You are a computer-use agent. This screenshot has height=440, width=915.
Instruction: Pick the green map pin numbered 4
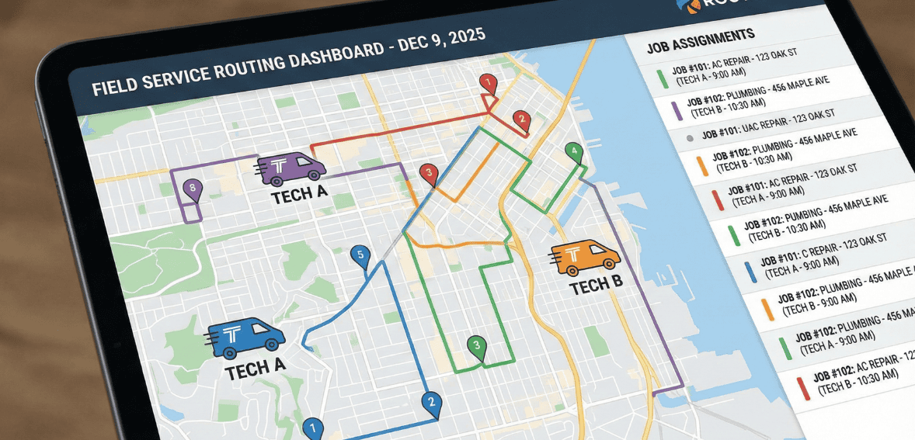click(574, 151)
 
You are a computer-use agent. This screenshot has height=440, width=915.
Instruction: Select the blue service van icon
click(245, 337)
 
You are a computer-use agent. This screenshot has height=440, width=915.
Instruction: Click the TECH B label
click(596, 287)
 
